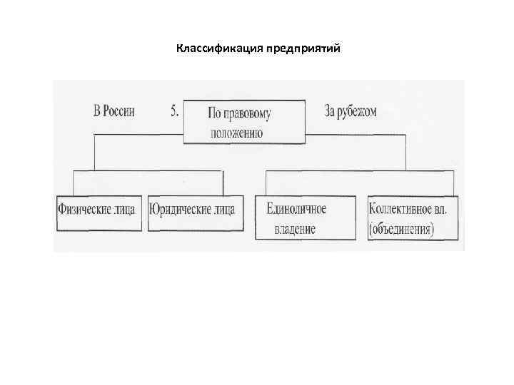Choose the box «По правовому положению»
pos(245,122)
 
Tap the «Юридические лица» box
pos(191,212)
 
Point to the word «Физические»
pos(84,210)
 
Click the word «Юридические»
pos(178,210)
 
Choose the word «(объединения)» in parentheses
pos(402,230)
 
